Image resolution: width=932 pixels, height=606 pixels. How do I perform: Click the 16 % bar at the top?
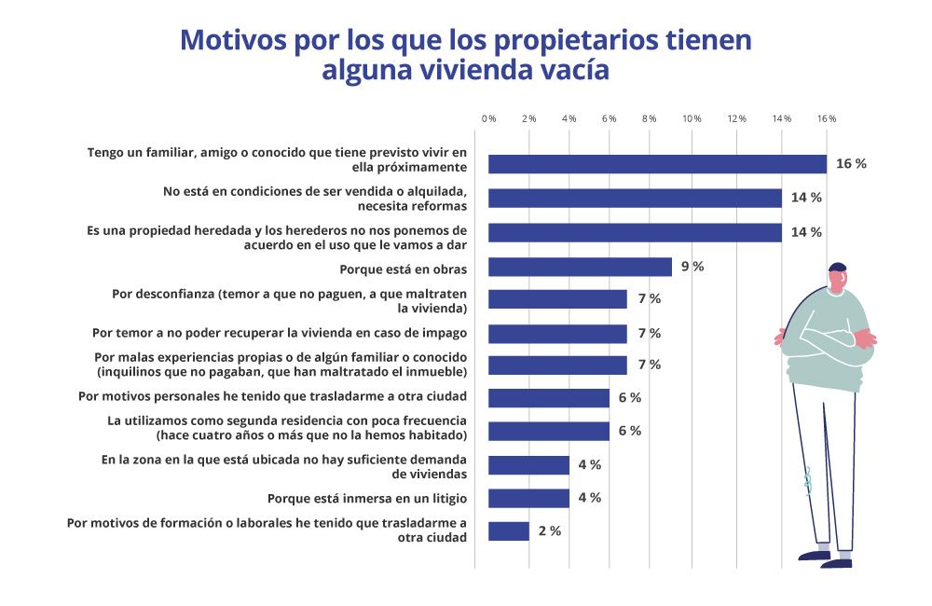tap(657, 164)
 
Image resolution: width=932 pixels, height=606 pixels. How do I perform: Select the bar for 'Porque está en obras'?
tap(580, 267)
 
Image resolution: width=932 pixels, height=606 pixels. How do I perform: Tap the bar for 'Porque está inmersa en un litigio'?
tap(528, 498)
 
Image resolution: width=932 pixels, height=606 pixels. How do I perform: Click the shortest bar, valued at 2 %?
tap(509, 531)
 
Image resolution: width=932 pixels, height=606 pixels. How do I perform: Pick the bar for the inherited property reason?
tap(635, 232)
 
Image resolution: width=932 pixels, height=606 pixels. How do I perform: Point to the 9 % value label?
tap(692, 267)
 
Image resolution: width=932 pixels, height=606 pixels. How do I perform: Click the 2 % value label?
tap(550, 531)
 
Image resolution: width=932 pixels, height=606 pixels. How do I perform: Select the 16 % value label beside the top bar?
tap(850, 164)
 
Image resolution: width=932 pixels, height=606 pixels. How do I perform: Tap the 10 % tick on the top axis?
tap(692, 119)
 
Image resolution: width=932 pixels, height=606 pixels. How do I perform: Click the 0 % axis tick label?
tap(488, 119)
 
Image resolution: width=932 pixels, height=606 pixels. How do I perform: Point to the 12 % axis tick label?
tap(737, 119)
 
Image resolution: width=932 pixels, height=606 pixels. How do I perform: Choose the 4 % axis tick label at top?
tap(569, 119)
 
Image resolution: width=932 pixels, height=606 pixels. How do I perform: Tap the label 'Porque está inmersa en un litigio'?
tap(366, 498)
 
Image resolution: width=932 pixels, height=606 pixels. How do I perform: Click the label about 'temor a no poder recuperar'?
tap(280, 333)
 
